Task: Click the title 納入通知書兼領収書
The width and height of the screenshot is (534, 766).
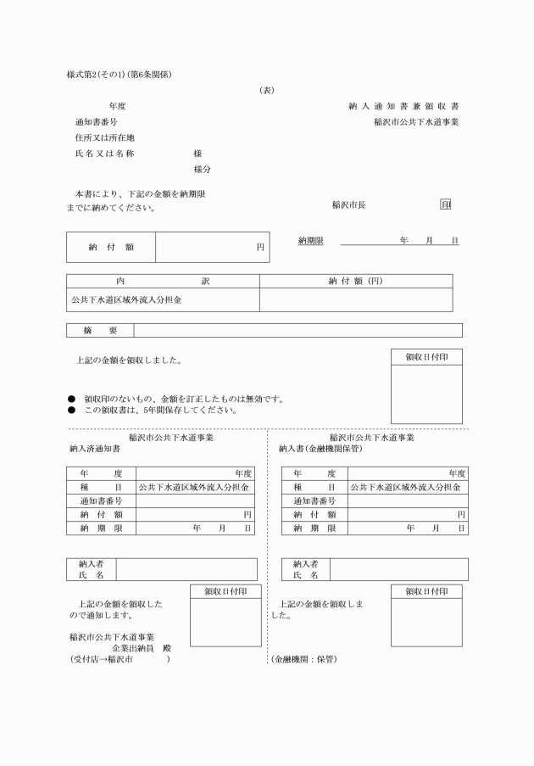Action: tap(403, 106)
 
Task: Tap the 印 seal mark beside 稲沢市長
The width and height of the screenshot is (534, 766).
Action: tap(446, 204)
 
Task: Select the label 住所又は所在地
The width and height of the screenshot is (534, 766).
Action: tap(104, 137)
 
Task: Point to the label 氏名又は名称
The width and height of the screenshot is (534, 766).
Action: tap(104, 154)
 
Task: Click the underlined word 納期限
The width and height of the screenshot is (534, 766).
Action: tap(311, 241)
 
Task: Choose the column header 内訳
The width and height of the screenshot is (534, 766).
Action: tap(163, 281)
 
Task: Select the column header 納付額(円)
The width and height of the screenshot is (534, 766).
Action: tap(355, 281)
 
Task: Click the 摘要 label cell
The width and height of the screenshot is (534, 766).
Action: tap(100, 330)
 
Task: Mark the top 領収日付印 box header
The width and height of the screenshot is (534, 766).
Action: tap(426, 357)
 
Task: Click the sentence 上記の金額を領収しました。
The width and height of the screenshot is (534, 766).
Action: tap(129, 360)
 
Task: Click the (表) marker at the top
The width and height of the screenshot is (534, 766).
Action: tap(266, 90)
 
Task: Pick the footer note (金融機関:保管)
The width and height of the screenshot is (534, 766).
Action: tap(303, 659)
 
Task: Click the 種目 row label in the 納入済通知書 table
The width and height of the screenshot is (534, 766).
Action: tap(101, 488)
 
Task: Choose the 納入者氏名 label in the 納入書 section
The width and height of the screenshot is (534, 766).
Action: tap(305, 569)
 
